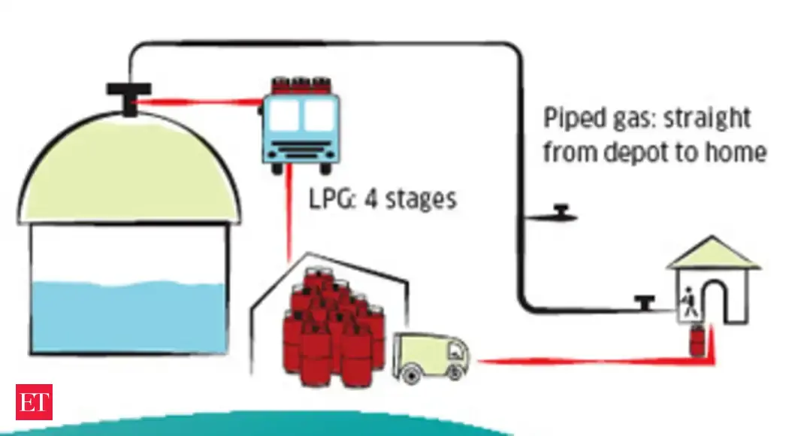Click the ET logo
[34, 401]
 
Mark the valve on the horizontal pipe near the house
[642, 302]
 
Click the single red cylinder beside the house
[698, 343]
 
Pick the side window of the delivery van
[454, 350]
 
